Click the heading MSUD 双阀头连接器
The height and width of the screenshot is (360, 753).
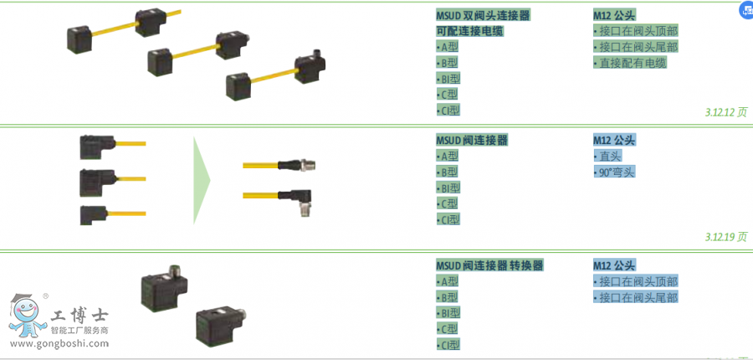tap(483, 15)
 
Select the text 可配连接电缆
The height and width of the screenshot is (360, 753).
tap(469, 31)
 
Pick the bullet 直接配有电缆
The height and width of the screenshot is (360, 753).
tap(633, 63)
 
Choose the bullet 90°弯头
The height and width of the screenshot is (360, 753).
tap(617, 172)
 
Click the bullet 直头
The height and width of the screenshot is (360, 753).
tap(610, 157)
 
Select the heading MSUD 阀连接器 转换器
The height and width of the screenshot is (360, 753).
tap(489, 265)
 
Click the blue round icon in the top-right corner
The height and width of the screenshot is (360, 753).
tap(744, 10)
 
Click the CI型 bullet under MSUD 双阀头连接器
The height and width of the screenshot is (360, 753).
tap(448, 110)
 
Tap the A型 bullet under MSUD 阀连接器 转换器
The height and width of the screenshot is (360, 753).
tap(448, 281)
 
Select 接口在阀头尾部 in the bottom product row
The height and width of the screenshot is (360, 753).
tap(638, 297)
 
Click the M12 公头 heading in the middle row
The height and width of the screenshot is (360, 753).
tap(614, 140)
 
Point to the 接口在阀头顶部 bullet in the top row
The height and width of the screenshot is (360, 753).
tap(638, 31)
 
